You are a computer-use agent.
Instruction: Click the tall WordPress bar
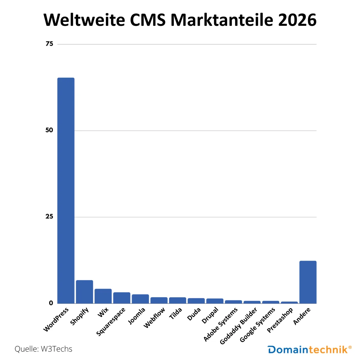click(66, 190)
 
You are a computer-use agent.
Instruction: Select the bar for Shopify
click(84, 292)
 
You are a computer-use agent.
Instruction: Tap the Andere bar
click(308, 282)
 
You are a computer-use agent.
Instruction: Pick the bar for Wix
click(103, 296)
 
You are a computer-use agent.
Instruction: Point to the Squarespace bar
click(121, 298)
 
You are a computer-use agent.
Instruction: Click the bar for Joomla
click(140, 299)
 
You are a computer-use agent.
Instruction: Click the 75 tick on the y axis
click(49, 44)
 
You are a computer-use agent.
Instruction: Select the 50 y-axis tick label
click(49, 130)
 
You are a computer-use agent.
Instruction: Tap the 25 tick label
click(49, 217)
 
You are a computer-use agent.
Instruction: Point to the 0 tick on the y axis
click(51, 303)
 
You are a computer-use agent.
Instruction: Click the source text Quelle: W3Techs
click(43, 349)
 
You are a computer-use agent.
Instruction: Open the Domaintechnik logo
click(309, 349)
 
